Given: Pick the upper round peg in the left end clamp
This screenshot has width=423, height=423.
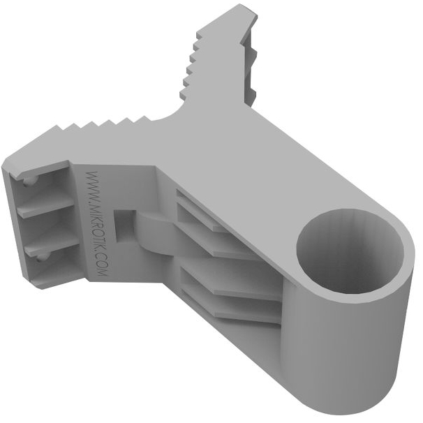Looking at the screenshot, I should click(29, 181).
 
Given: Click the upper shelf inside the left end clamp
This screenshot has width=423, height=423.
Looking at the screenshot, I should click(45, 205).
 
